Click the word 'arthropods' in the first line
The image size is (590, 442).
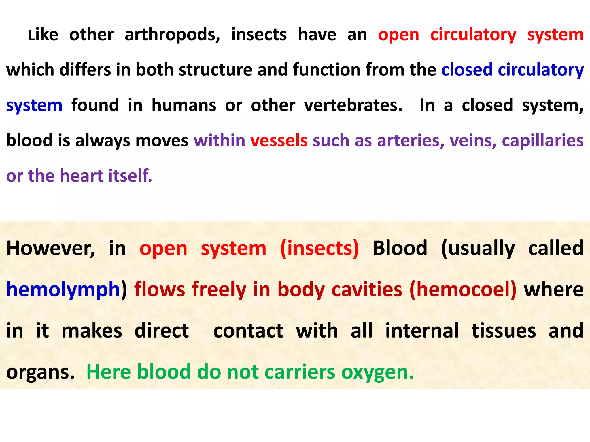(172, 35)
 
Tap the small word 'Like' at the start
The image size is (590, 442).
(43, 35)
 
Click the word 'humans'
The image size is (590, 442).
(184, 105)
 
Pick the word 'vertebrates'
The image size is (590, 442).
(353, 105)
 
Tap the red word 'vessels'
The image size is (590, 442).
(279, 140)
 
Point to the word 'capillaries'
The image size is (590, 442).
(543, 140)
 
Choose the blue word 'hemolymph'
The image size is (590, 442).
(63, 289)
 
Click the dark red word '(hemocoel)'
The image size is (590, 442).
(463, 289)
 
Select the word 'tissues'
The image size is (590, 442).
(504, 331)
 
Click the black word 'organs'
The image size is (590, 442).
(40, 372)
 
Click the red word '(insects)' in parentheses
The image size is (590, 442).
(319, 248)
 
